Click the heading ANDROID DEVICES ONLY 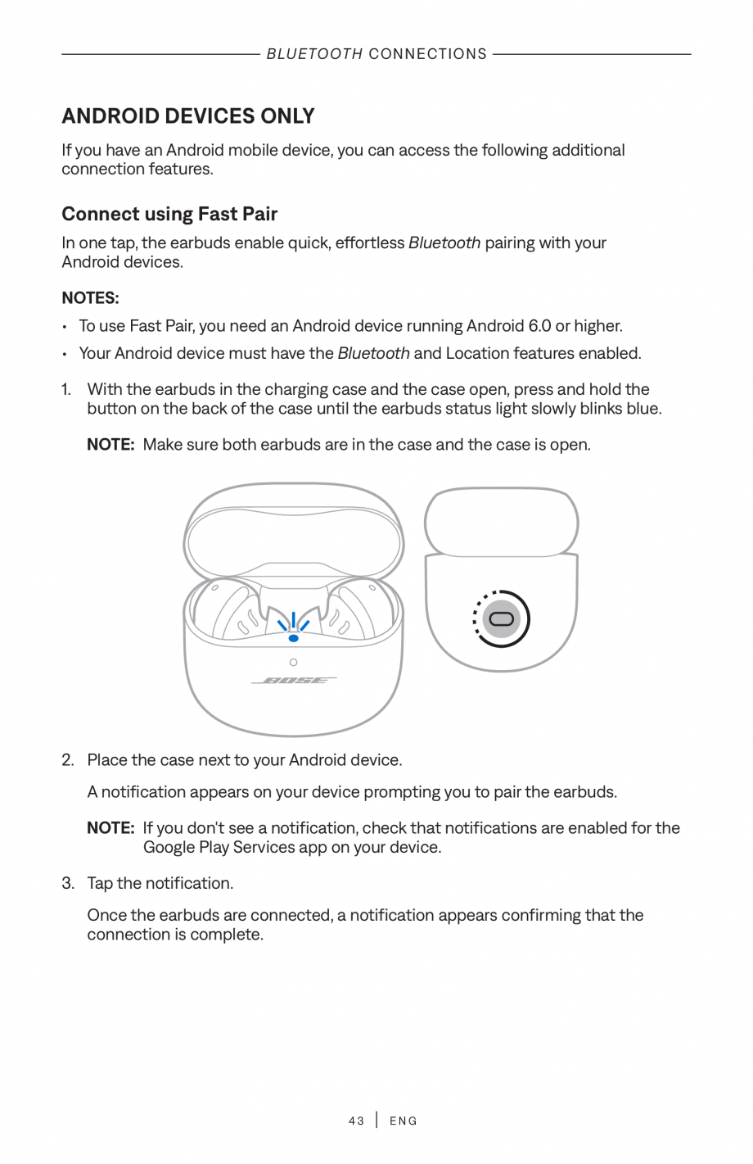point(187,115)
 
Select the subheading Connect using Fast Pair point(169,214)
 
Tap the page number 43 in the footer point(356,1121)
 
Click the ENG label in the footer point(404,1121)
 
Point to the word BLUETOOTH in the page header point(314,54)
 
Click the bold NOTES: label point(90,297)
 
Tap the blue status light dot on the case point(293,637)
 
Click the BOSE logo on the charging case point(294,681)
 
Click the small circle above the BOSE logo point(293,662)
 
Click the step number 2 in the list point(68,760)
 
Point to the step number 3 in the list point(68,883)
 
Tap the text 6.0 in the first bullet point(539,326)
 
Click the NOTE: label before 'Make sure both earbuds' point(110,445)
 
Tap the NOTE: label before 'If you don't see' point(110,828)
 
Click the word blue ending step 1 point(643,409)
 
